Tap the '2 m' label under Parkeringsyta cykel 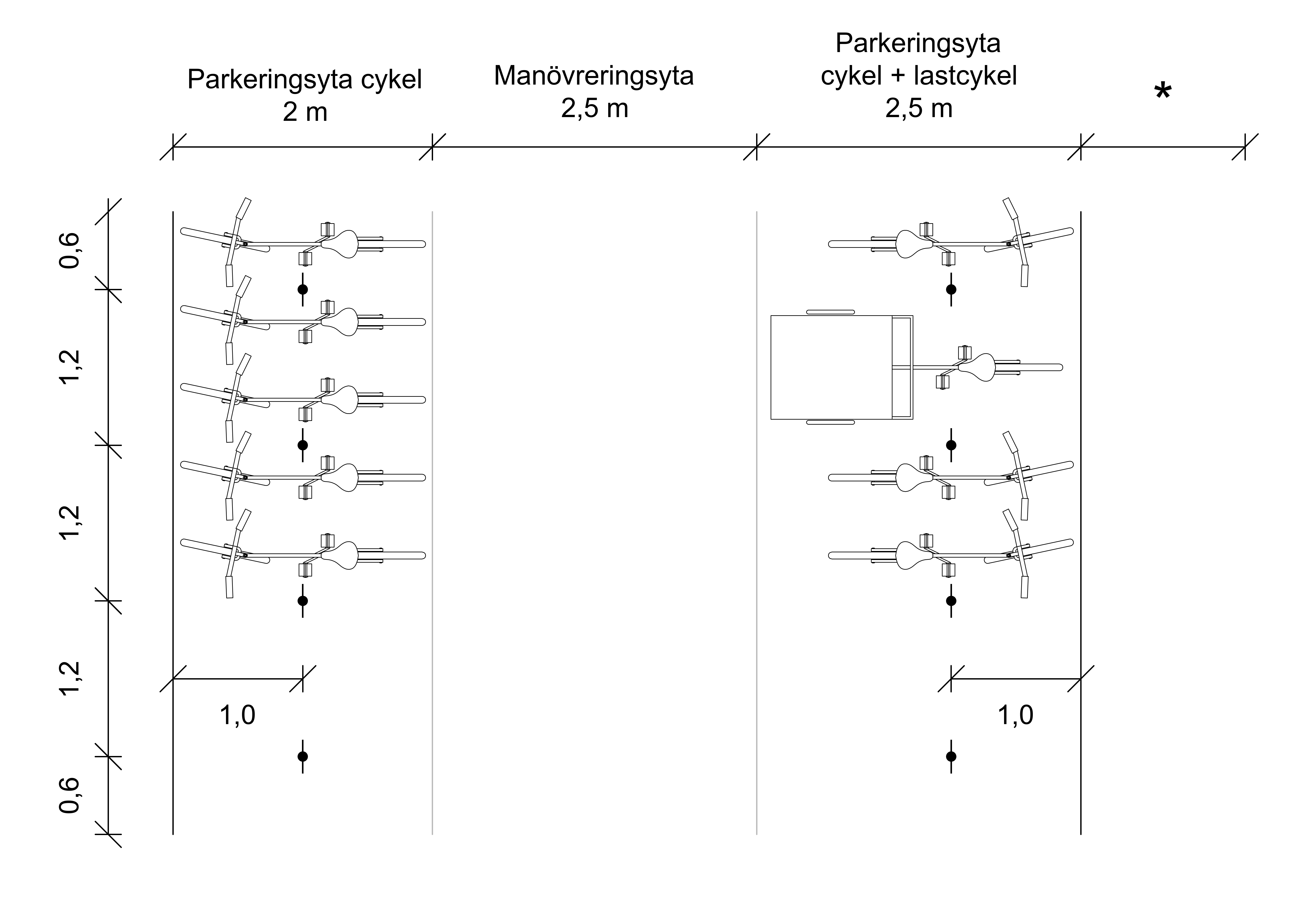[x=305, y=112]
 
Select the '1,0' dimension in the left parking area [x=237, y=715]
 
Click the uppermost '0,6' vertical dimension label [x=70, y=250]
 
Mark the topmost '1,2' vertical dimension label [x=70, y=367]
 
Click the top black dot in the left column [x=303, y=289]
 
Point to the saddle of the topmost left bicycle [x=341, y=244]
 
